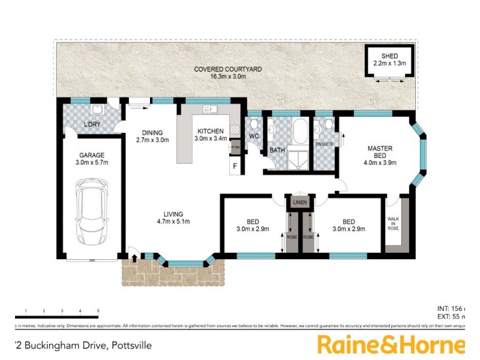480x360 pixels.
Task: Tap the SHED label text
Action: click(389, 56)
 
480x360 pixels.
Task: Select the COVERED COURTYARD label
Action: click(227, 70)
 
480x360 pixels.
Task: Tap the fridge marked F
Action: click(235, 165)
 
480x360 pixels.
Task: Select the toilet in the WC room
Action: click(254, 125)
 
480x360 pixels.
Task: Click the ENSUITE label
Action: click(324, 144)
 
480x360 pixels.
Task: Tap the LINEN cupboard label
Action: click(299, 203)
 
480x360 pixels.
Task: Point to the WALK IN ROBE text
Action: click(394, 224)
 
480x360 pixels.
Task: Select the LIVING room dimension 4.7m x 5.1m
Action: click(172, 222)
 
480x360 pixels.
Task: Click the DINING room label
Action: click(152, 133)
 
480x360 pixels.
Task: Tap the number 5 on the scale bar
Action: click(98, 311)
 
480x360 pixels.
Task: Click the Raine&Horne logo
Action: click(390, 345)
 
